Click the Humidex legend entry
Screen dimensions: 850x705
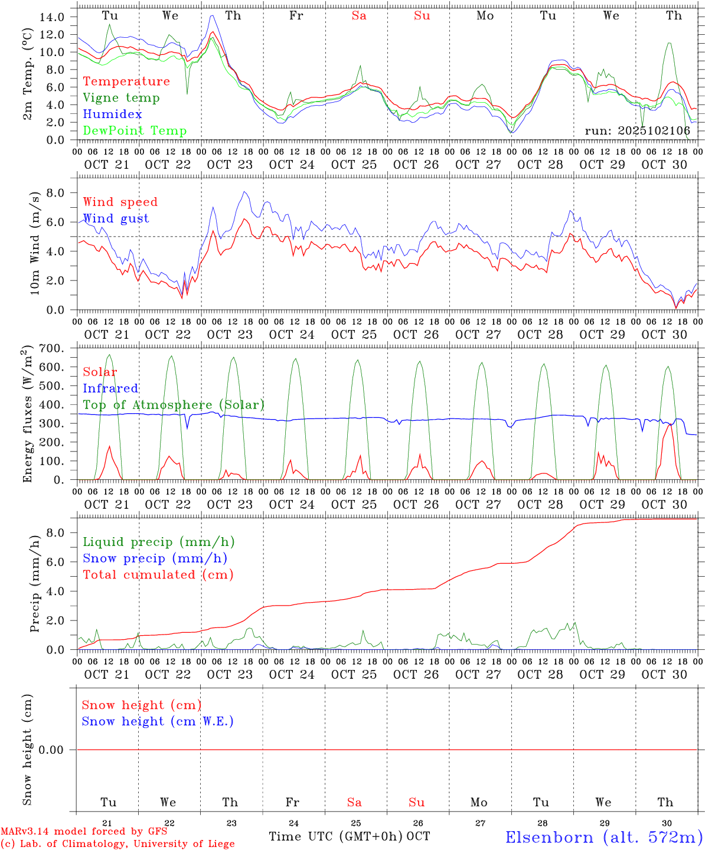pyautogui.click(x=112, y=115)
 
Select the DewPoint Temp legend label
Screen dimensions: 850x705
pyautogui.click(x=135, y=131)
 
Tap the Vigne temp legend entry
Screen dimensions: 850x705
pyautogui.click(x=121, y=98)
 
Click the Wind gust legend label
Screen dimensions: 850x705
pyautogui.click(x=116, y=218)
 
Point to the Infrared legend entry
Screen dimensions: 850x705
pyautogui.click(x=110, y=388)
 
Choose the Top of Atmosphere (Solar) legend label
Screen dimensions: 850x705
pyautogui.click(x=174, y=405)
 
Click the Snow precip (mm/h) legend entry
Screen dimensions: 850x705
pyautogui.click(x=155, y=558)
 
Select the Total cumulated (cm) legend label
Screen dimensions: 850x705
pyautogui.click(x=158, y=575)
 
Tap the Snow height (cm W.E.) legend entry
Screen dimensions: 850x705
pyautogui.click(x=158, y=721)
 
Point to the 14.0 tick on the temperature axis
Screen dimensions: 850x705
pyautogui.click(x=51, y=17)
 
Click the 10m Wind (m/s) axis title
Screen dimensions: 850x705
pyautogui.click(x=34, y=243)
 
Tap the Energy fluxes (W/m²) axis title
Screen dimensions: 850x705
pyautogui.click(x=27, y=415)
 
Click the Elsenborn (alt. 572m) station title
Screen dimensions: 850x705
pyautogui.click(x=603, y=837)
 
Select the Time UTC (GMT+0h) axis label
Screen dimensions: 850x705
pyautogui.click(x=335, y=836)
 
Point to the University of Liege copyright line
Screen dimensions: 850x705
pyautogui.click(x=117, y=844)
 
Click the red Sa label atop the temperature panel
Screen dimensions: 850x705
pyautogui.click(x=359, y=16)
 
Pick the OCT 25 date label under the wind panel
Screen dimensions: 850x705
pyautogui.click(x=354, y=335)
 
